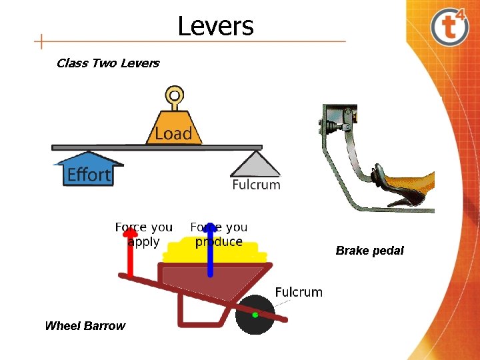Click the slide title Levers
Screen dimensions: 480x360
coord(215,26)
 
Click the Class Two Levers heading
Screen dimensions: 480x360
coord(108,63)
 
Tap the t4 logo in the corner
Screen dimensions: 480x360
coord(450,27)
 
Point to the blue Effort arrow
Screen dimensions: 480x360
coord(88,170)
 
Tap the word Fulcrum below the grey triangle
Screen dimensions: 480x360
coord(256,185)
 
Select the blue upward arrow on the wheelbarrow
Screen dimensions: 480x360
coord(210,251)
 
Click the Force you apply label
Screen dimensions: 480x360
coord(143,234)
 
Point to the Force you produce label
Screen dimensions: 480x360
coord(219,234)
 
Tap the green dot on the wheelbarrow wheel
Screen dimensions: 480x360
coord(255,315)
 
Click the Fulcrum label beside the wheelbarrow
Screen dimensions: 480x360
coord(299,292)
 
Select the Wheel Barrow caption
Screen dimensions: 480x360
coord(85,326)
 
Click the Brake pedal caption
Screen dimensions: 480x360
coord(369,251)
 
